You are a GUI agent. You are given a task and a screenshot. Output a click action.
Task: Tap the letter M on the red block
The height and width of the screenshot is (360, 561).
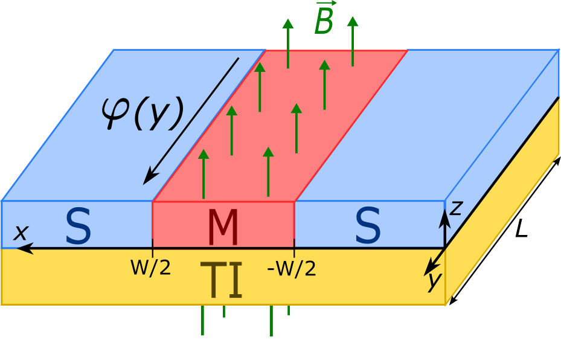tap(223, 228)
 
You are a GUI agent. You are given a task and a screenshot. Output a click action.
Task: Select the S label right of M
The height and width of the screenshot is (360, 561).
tap(368, 227)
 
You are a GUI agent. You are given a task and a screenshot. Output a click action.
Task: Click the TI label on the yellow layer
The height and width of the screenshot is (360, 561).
tap(222, 281)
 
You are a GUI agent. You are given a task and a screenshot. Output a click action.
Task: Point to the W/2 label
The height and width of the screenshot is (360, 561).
tap(150, 268)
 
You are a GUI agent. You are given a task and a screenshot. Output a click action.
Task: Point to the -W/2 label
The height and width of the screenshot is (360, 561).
tap(292, 268)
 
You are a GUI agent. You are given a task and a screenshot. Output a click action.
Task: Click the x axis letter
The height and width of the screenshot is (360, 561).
tap(21, 232)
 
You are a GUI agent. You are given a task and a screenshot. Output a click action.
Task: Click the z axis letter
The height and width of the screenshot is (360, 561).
tap(456, 208)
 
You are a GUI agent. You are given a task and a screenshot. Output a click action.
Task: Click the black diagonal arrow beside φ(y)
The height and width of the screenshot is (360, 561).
tap(191, 121)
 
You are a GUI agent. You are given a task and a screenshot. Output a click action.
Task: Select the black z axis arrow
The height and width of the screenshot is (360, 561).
tap(444, 227)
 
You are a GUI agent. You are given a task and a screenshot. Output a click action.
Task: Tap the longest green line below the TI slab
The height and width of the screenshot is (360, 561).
tap(202, 320)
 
